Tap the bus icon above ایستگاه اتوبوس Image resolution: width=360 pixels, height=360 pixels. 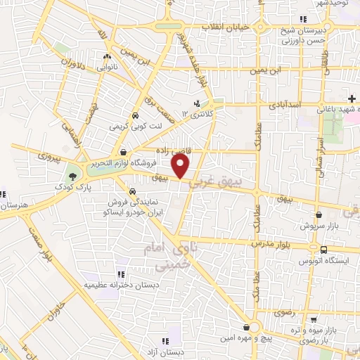pos(323,249)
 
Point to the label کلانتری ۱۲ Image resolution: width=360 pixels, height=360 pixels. pos(198,114)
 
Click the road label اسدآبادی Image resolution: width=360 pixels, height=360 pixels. pos(285,104)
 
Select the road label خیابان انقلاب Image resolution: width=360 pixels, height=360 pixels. pos(225,27)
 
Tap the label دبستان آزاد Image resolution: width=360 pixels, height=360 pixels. pos(171,352)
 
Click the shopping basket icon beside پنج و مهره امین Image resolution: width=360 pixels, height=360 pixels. pos(245,327)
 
